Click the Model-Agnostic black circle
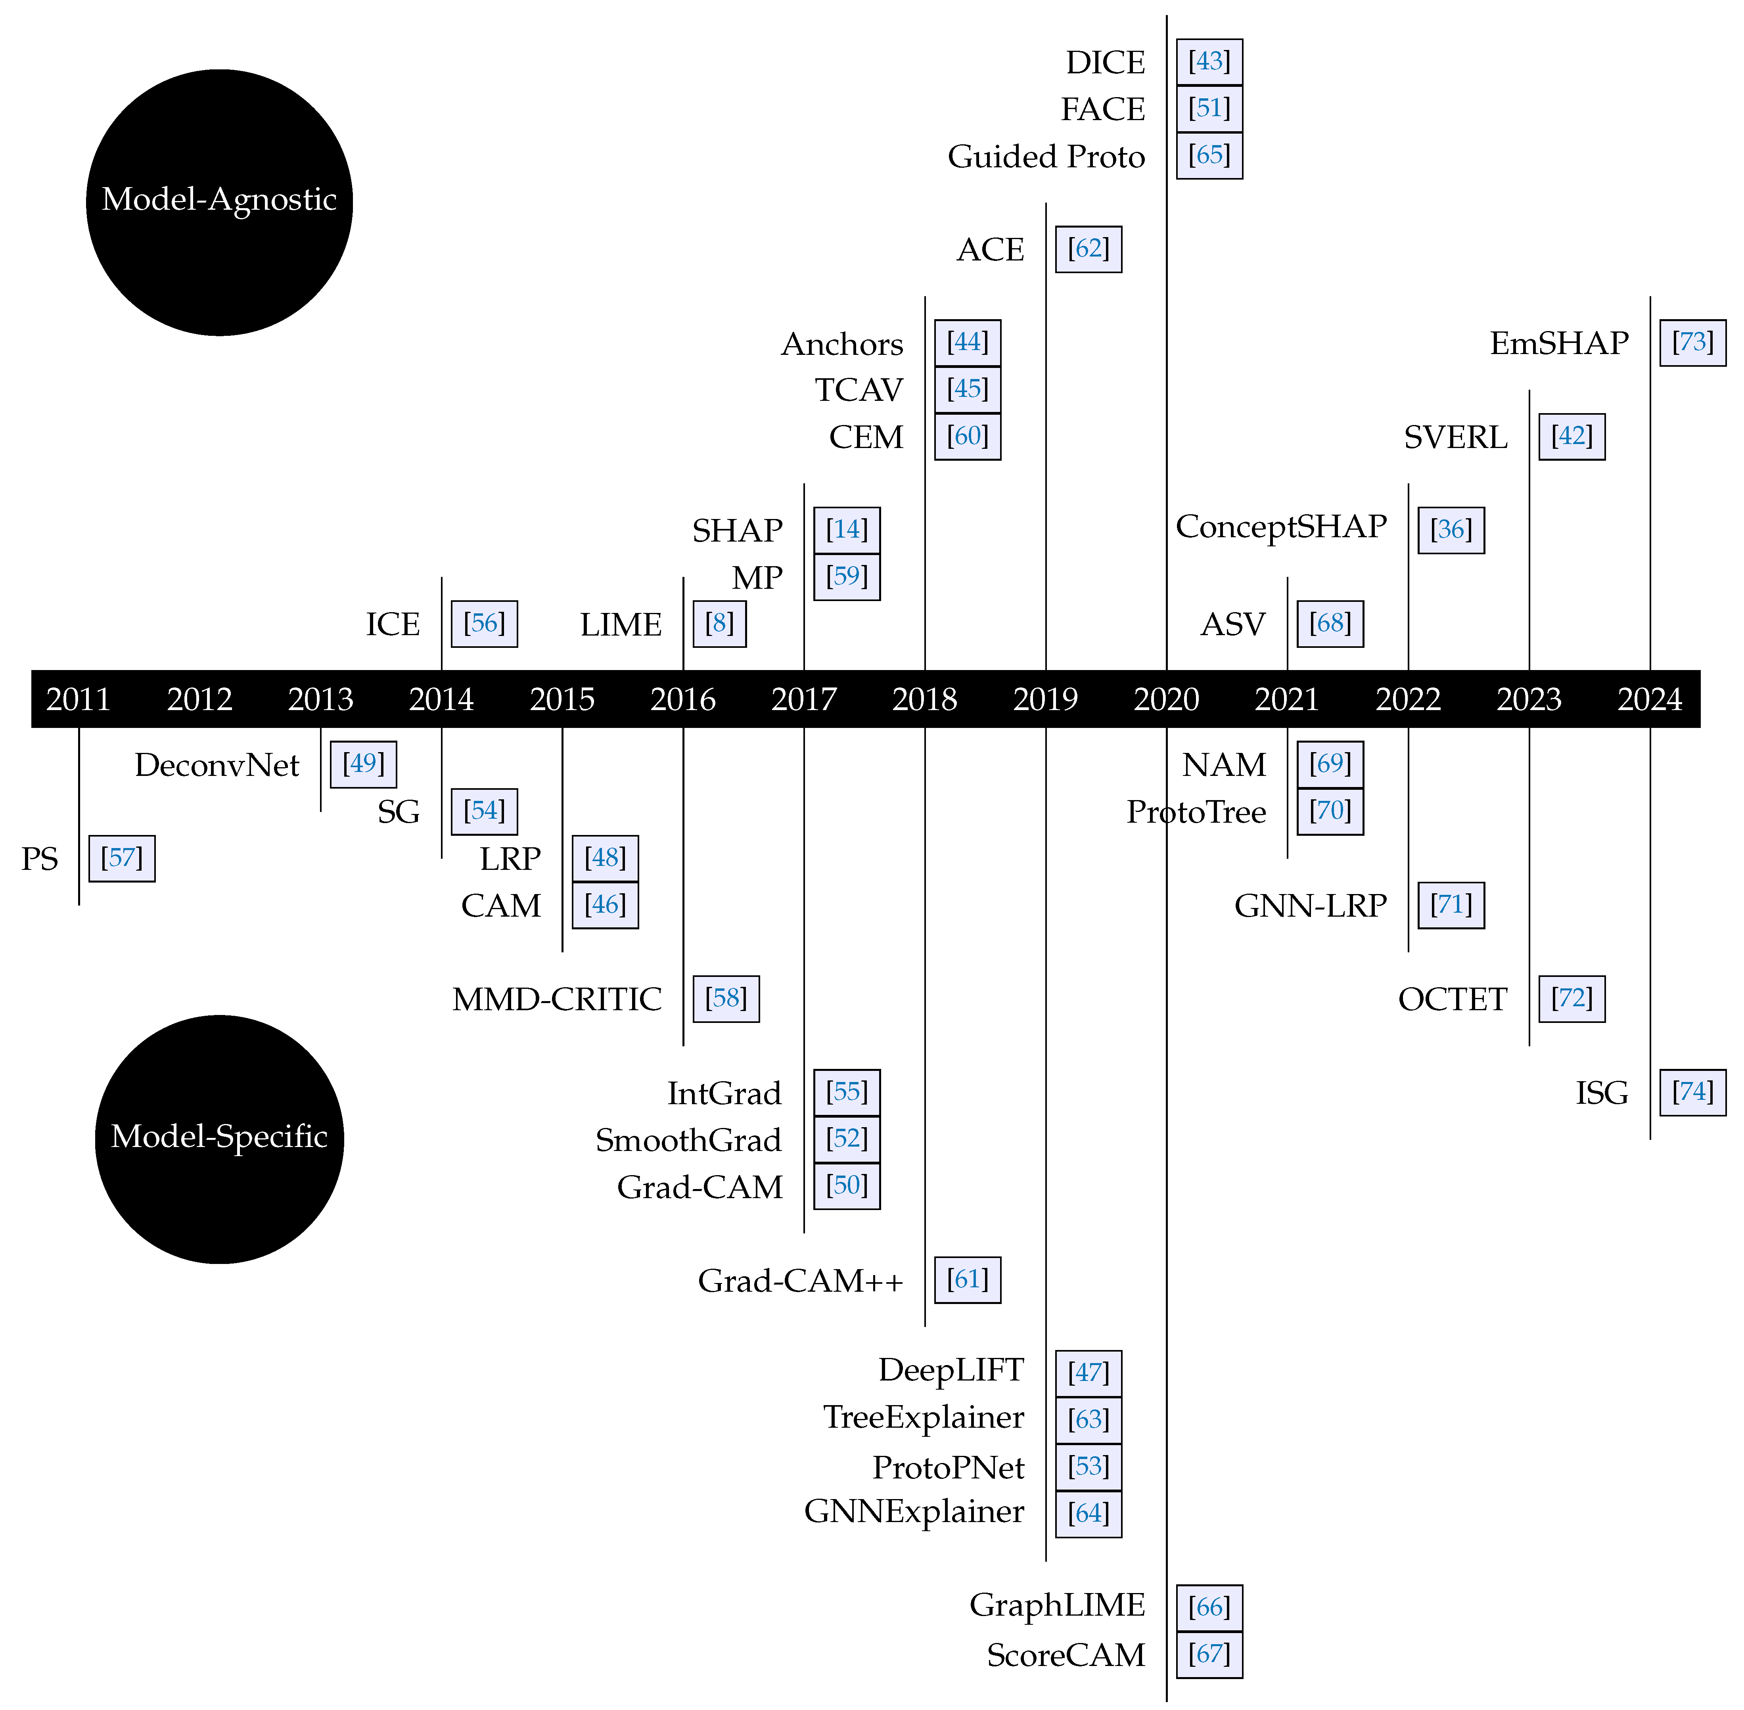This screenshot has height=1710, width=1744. click(219, 202)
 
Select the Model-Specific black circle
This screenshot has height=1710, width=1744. click(219, 1139)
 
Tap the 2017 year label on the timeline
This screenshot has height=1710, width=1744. click(804, 699)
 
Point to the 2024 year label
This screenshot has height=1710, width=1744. click(1650, 699)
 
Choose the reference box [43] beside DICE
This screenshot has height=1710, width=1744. click(1209, 62)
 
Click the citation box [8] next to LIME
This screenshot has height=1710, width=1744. click(719, 623)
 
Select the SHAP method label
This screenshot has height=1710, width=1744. click(737, 531)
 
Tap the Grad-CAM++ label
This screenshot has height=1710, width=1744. click(800, 1281)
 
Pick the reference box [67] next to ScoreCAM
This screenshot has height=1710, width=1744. click(1209, 1654)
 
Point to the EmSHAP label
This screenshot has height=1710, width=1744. click(1559, 343)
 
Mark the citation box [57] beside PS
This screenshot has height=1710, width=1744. click(122, 858)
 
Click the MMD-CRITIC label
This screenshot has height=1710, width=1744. click(557, 999)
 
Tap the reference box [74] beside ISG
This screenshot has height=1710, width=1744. click(1692, 1092)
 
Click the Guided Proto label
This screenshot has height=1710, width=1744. click(1046, 156)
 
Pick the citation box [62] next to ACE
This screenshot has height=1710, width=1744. click(1089, 249)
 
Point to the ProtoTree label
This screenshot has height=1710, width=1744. click(1196, 812)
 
